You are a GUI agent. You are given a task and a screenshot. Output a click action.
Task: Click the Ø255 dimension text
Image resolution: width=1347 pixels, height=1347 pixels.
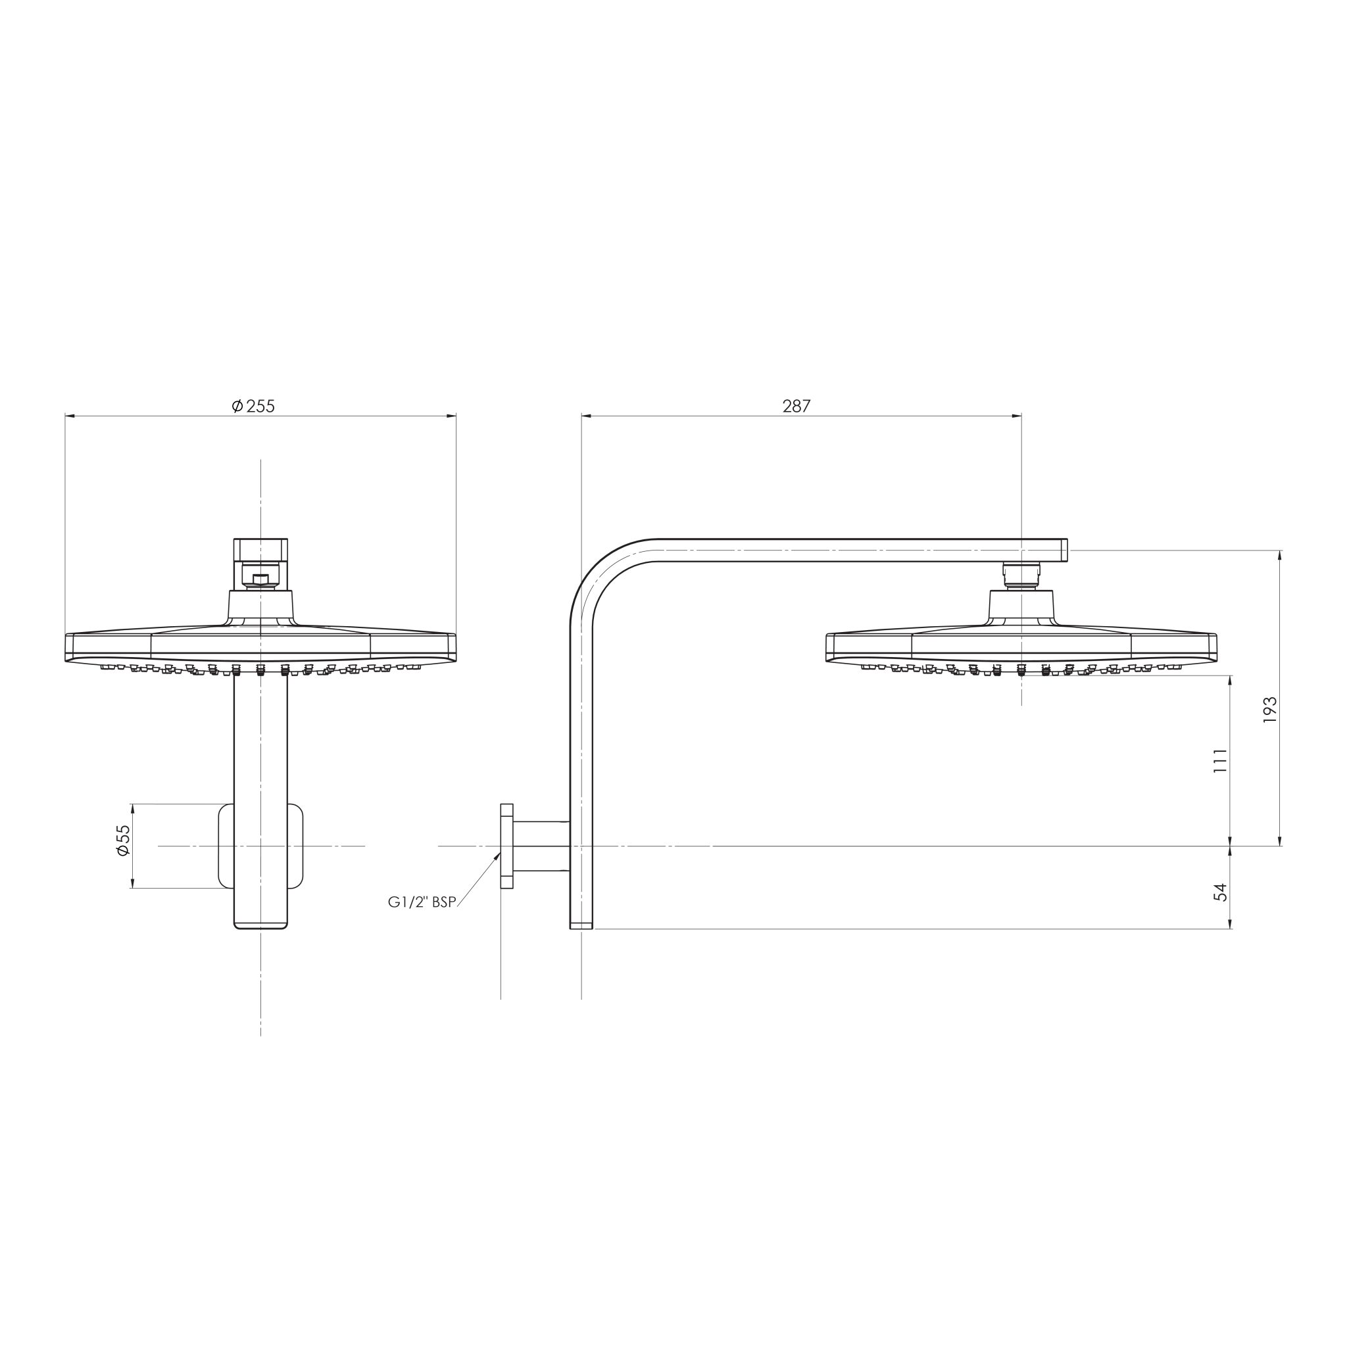pos(253,406)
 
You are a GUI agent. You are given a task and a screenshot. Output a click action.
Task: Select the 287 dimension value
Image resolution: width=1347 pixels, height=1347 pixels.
pos(796,406)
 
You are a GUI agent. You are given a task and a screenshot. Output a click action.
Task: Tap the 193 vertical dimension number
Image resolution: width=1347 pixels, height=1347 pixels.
pos(1269,709)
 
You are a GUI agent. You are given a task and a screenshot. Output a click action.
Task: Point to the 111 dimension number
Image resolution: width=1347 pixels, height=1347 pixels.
pos(1219,761)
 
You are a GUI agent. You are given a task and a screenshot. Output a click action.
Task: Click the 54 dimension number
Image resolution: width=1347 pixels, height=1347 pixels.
pos(1219,892)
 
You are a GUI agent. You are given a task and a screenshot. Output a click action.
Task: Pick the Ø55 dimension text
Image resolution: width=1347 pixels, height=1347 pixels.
pos(123,841)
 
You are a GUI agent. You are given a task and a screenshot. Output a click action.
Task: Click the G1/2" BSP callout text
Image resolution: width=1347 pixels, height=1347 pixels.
pos(422,902)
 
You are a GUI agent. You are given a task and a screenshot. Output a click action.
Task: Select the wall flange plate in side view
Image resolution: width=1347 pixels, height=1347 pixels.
pos(507,846)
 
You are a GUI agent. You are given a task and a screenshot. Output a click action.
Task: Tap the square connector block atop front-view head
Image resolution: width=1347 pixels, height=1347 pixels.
pos(260,549)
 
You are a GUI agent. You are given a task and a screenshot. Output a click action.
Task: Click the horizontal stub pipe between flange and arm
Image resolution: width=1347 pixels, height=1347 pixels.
pos(542,846)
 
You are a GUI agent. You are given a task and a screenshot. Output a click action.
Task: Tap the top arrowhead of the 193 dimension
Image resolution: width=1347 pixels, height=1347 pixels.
pos(1279,555)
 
